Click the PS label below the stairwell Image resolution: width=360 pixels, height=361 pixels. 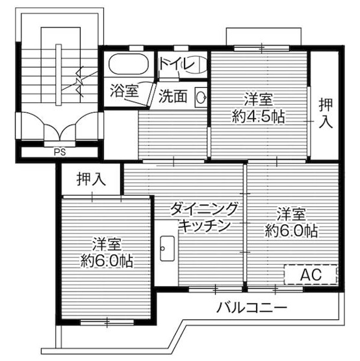[59, 154]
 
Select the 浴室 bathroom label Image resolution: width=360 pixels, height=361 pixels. [123, 91]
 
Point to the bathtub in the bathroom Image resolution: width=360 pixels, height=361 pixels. [129, 66]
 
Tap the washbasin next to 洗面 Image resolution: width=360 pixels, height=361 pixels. [201, 97]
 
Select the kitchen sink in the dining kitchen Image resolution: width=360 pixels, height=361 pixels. [166, 247]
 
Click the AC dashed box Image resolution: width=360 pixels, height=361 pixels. [311, 275]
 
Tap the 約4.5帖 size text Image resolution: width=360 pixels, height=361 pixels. [259, 118]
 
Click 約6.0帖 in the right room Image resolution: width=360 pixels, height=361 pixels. [290, 230]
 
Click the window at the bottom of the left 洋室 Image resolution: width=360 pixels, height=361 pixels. [108, 321]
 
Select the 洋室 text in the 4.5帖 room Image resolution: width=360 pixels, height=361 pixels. [259, 100]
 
